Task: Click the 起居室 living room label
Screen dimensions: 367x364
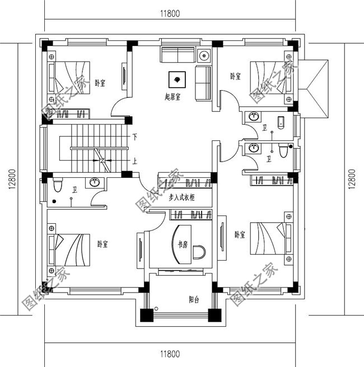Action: (172, 97)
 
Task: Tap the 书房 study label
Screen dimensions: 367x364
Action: (183, 244)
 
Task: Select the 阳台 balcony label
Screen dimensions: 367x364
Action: (194, 299)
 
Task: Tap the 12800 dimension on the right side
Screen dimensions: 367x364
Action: (352, 180)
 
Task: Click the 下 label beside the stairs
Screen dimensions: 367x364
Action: (135, 137)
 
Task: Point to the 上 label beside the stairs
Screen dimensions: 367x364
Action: (135, 160)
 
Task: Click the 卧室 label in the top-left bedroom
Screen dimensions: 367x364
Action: (100, 83)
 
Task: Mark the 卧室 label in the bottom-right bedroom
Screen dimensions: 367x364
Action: (240, 235)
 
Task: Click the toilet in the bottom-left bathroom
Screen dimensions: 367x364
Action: (57, 185)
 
